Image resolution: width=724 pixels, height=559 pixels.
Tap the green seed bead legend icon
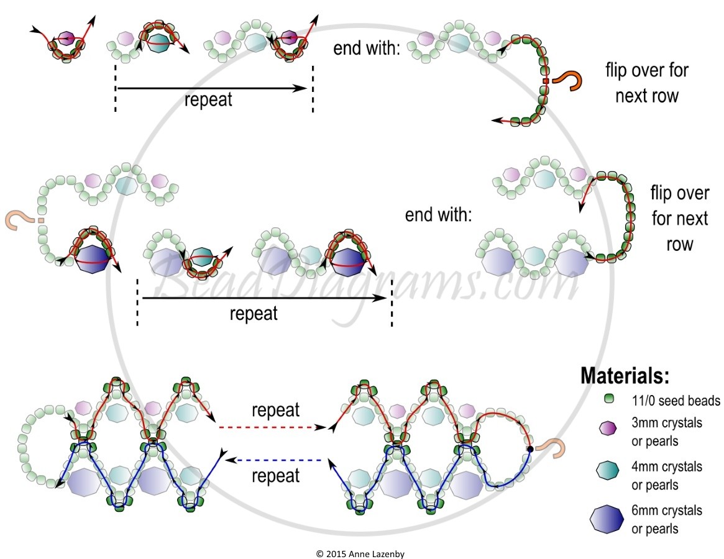[x=609, y=399]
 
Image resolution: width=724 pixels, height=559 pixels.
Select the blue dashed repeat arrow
[x=273, y=460]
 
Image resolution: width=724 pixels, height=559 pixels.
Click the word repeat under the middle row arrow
[x=254, y=312]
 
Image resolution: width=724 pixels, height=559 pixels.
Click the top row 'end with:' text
[x=366, y=48]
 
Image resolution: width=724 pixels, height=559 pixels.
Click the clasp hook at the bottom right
[x=550, y=448]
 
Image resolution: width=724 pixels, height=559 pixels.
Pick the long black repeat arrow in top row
[x=211, y=89]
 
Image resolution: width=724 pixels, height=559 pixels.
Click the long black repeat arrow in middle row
[x=263, y=299]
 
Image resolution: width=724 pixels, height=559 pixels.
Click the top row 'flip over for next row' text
[x=647, y=83]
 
